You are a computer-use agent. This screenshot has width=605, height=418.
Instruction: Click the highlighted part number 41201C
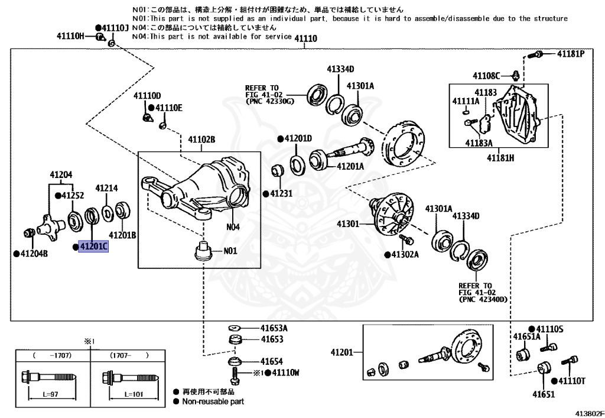click(93, 247)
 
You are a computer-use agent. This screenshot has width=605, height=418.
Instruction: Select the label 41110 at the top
click(306, 39)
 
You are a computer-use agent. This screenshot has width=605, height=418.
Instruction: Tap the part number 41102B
click(201, 140)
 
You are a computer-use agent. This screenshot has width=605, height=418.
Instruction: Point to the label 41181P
click(570, 54)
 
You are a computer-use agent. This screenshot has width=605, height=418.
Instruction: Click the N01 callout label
click(230, 251)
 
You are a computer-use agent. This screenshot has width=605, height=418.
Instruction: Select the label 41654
click(272, 361)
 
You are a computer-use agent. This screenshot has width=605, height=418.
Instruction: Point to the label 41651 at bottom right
click(544, 394)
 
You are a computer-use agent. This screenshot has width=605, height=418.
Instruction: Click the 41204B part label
click(34, 254)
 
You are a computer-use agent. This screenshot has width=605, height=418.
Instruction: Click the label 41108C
click(486, 75)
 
